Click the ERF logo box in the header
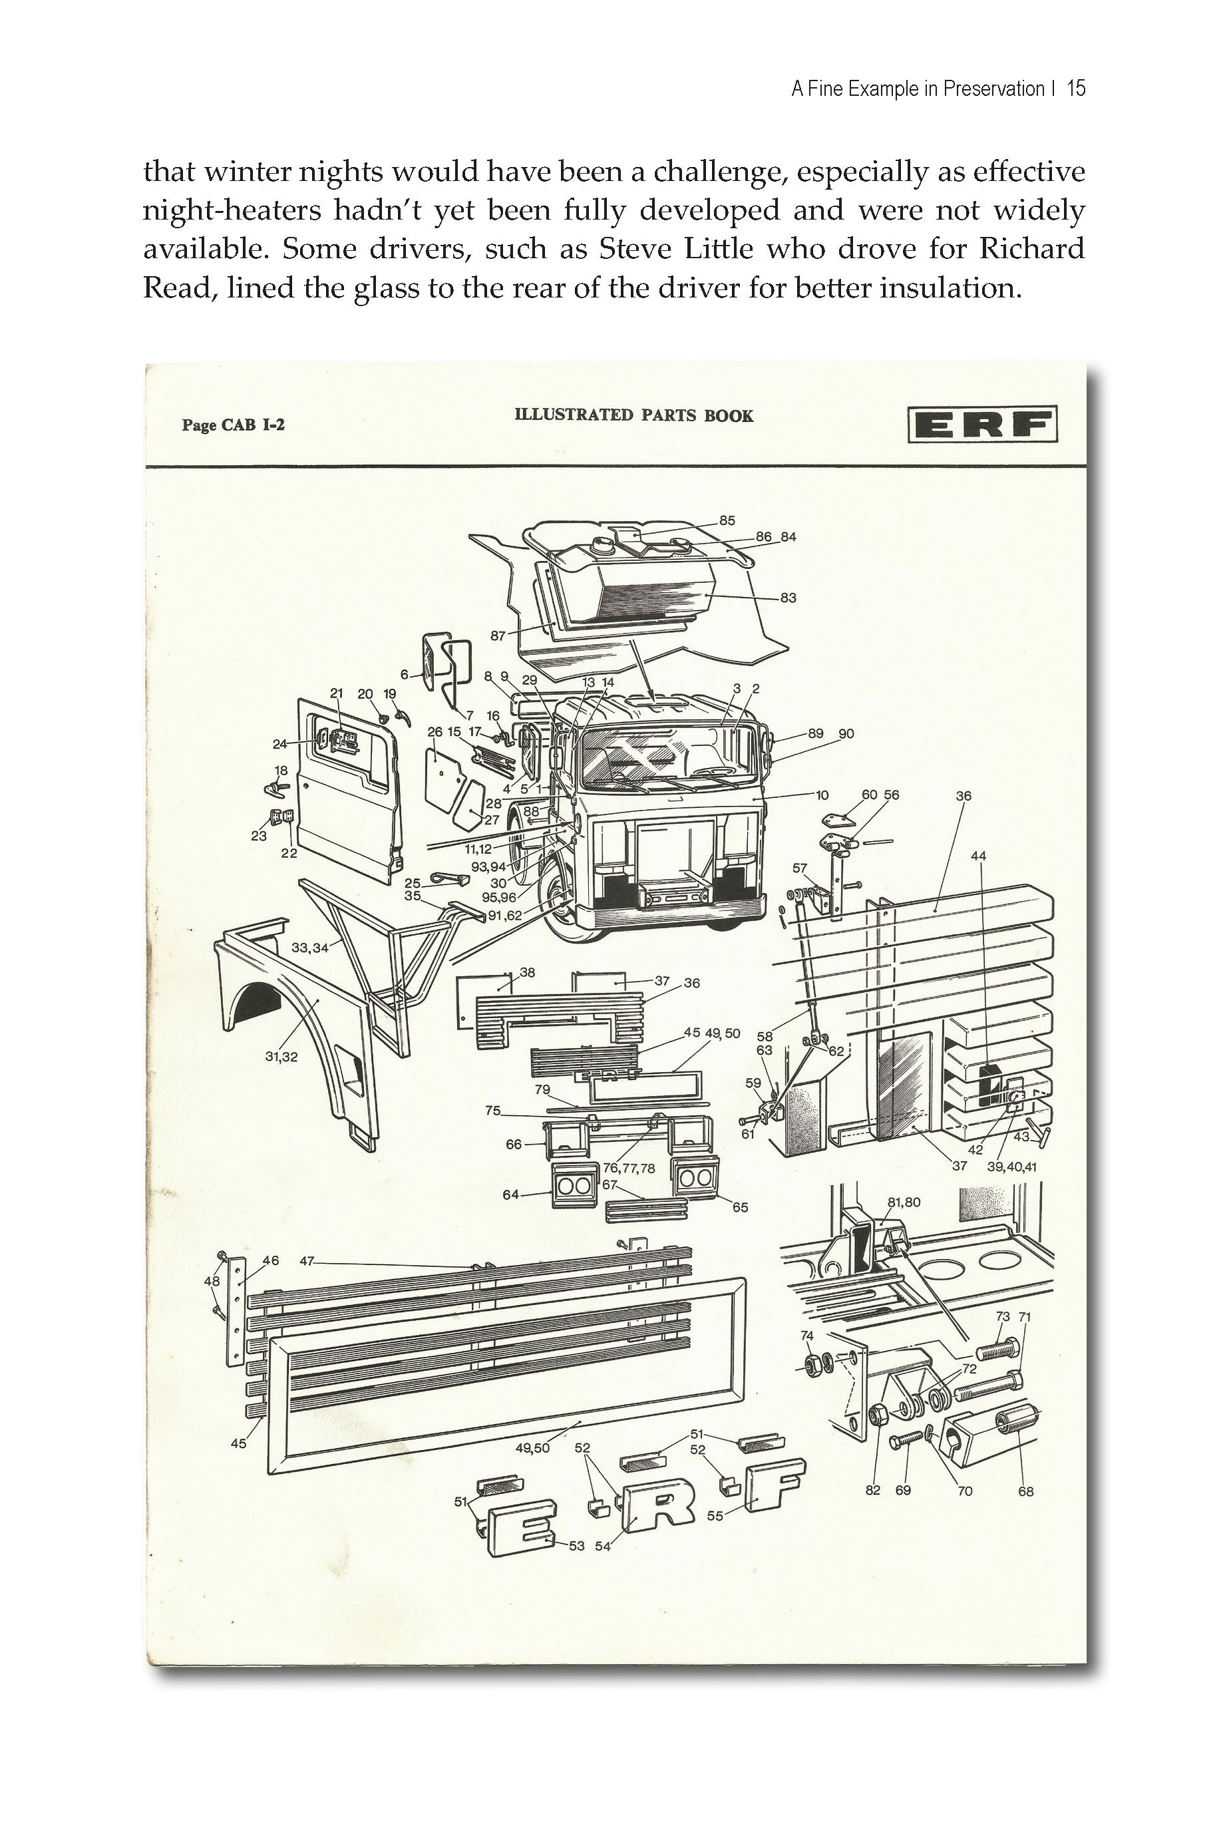[x=982, y=424]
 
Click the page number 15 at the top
[x=1076, y=89]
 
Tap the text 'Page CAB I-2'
[x=233, y=425]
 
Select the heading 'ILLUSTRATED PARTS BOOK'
[x=634, y=415]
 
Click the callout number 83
[x=788, y=598]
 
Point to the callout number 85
[x=727, y=520]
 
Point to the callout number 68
[x=1025, y=1491]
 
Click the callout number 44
[x=978, y=856]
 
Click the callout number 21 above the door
[x=337, y=693]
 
